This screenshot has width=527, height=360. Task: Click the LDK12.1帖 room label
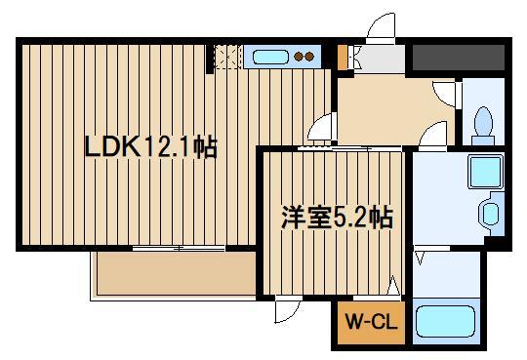click(x=149, y=148)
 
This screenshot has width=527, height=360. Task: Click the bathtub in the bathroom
click(x=445, y=322)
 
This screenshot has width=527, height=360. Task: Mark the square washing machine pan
click(x=484, y=173)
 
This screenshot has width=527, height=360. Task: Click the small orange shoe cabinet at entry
click(x=341, y=58)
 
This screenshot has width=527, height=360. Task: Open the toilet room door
click(x=448, y=94)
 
